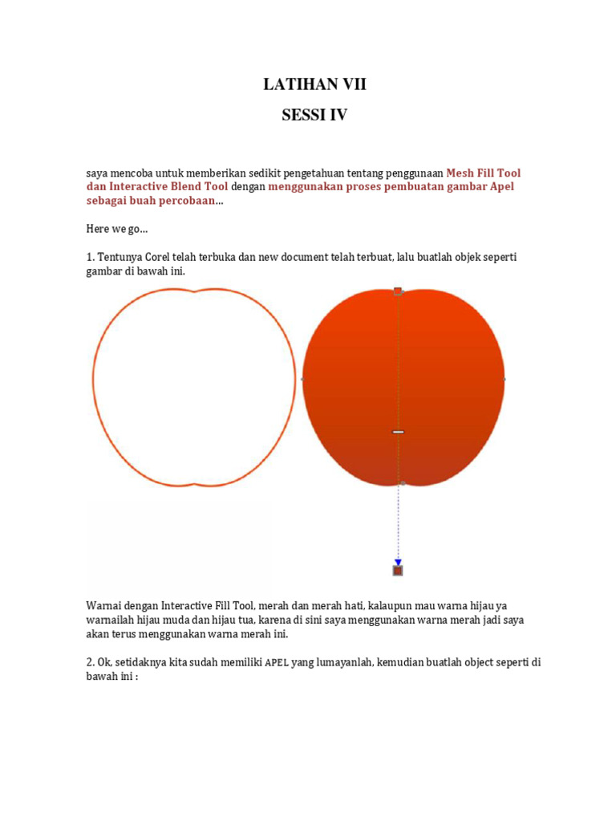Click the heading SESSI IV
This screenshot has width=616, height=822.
(314, 115)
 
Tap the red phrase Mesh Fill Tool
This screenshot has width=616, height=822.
(483, 173)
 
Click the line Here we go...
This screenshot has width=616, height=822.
(117, 229)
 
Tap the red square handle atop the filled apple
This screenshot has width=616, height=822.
(398, 291)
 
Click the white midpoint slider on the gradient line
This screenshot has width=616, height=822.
(398, 432)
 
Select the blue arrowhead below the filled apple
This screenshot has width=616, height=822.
(398, 562)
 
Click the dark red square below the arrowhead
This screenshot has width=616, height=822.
(398, 571)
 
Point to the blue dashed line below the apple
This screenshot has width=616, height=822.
(398, 522)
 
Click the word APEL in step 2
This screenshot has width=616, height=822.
(277, 663)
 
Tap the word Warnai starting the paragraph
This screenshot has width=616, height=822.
(105, 605)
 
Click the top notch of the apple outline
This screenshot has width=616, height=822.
(195, 291)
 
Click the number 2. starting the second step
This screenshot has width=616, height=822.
(91, 662)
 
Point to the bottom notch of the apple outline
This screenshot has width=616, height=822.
(195, 484)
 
